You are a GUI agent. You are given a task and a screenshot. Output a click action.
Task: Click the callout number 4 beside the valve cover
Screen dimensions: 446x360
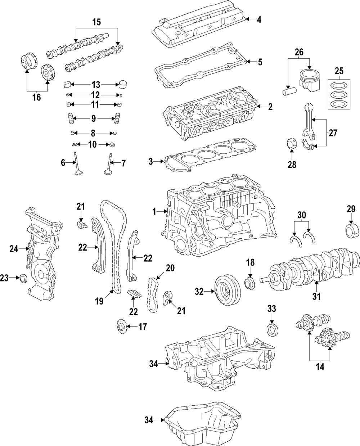(x=259, y=19)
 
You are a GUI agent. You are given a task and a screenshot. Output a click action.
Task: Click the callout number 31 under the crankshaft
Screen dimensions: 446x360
(x=316, y=297)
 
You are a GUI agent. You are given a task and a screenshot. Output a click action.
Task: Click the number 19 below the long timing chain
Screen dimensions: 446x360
(x=99, y=301)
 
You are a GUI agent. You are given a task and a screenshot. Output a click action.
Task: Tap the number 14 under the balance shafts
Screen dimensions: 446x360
(x=320, y=367)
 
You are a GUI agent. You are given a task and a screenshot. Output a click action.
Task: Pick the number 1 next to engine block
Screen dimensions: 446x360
(x=154, y=212)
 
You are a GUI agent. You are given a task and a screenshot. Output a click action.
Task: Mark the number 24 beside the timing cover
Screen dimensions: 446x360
(x=14, y=248)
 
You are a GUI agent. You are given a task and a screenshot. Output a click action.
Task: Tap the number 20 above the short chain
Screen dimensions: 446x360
(x=170, y=267)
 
